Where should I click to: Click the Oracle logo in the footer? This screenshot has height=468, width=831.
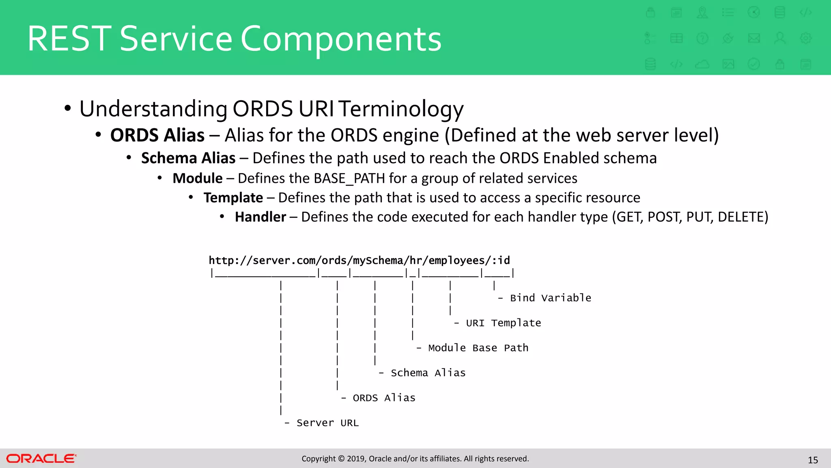tap(41, 459)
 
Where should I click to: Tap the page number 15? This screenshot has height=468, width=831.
tap(813, 460)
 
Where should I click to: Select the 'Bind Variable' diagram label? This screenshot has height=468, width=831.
tap(550, 298)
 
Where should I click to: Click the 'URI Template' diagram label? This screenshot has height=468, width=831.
tap(503, 323)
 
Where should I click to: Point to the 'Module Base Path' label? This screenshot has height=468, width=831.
tap(478, 348)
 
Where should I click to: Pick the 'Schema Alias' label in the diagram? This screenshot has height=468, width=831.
tap(428, 373)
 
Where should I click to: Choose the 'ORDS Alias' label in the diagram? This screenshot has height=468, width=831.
tap(384, 398)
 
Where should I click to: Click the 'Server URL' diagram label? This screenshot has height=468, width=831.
tap(327, 423)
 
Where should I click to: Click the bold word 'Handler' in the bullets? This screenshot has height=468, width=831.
tap(260, 217)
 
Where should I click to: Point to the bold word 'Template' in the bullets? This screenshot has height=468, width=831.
tap(233, 198)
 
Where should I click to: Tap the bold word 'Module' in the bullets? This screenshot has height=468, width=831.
tap(198, 178)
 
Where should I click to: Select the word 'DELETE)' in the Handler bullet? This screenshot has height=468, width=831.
tap(743, 217)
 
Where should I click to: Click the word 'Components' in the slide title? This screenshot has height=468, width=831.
tap(341, 39)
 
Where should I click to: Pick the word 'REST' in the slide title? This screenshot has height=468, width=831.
tap(69, 39)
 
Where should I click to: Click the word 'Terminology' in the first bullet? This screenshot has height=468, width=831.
tap(401, 109)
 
